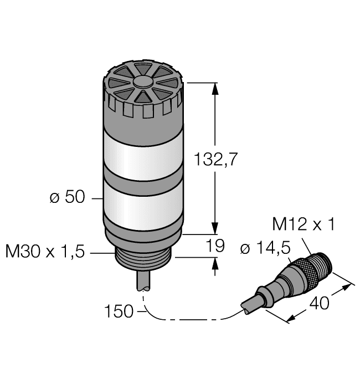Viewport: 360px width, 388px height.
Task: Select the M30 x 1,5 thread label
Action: (45, 252)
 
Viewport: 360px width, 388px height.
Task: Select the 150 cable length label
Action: (119, 312)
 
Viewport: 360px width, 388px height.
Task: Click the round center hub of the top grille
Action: (143, 82)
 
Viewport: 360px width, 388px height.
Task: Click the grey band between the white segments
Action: (143, 177)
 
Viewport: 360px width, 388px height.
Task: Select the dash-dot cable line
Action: (188, 320)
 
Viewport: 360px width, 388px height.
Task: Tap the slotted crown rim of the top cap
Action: (143, 105)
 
